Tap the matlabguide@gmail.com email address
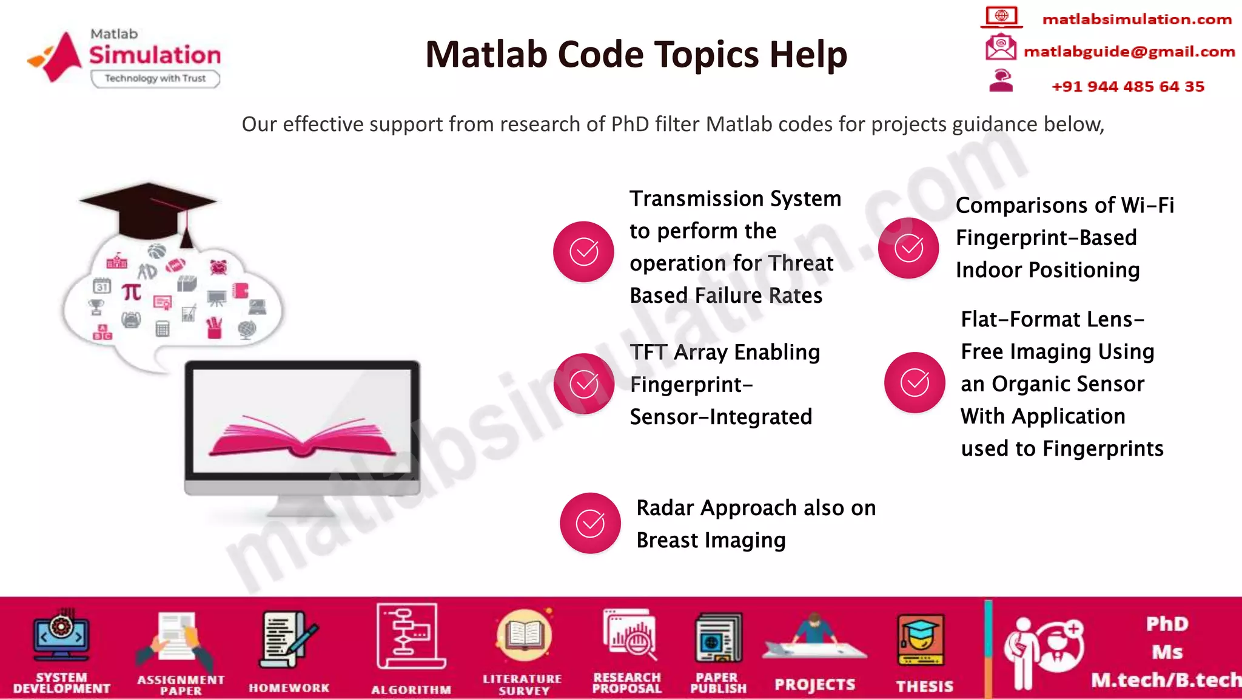(x=1129, y=52)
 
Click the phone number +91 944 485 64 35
(x=1127, y=87)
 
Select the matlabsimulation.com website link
(x=1136, y=19)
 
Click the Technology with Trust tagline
(x=155, y=78)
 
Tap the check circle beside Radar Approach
(x=589, y=523)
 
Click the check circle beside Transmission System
(x=583, y=251)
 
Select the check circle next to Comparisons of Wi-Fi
(x=908, y=248)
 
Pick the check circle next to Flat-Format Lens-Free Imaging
(x=914, y=382)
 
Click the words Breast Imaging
(x=711, y=540)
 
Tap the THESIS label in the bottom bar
(x=924, y=686)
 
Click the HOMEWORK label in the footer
(x=289, y=688)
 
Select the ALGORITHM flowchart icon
(x=410, y=636)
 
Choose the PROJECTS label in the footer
(x=814, y=685)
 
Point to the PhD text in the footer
(x=1167, y=624)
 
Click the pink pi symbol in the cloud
(x=132, y=292)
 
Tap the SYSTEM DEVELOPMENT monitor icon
(x=61, y=636)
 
